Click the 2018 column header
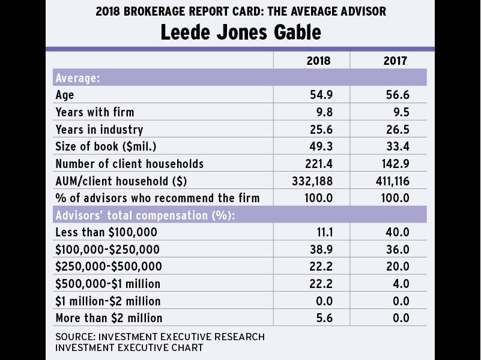(319, 61)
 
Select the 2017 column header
(396, 61)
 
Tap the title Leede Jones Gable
(240, 32)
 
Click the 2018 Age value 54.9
(319, 95)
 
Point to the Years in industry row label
(99, 130)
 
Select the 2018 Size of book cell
(319, 146)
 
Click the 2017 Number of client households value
(396, 164)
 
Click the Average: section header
(77, 78)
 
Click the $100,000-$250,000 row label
(109, 250)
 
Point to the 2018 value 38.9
(319, 250)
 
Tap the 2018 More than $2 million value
(322, 318)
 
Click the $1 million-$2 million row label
(107, 301)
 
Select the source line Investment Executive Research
(160, 337)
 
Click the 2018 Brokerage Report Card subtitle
(240, 12)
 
